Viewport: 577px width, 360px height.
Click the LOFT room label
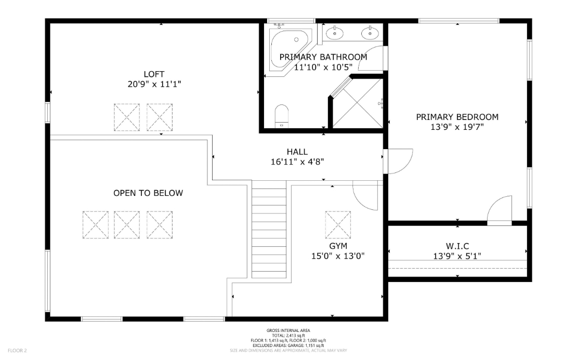coord(154,74)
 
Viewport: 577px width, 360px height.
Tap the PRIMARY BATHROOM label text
coord(323,57)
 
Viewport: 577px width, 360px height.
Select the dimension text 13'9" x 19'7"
coord(457,126)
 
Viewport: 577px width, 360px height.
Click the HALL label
coord(297,152)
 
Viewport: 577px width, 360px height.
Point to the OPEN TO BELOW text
coord(148,193)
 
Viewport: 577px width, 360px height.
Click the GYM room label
coord(338,246)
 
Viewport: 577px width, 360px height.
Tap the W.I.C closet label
coord(457,246)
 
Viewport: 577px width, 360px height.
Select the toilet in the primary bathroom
coord(281,115)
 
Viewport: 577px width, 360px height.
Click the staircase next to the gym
coord(269,229)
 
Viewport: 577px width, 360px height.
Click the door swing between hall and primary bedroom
coord(398,161)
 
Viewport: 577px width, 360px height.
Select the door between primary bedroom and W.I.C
coord(501,210)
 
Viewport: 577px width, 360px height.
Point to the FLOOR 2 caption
coord(17,351)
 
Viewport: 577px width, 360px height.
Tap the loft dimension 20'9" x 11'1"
coord(154,84)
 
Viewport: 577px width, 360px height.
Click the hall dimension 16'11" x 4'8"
coord(297,162)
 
